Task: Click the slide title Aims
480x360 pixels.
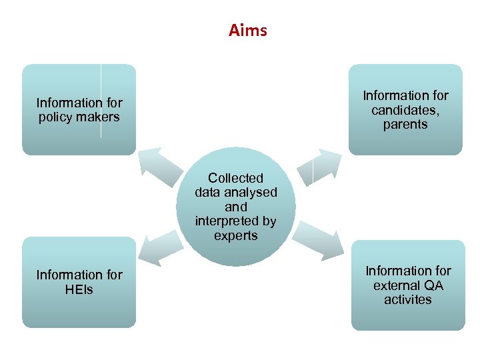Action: pyautogui.click(x=247, y=31)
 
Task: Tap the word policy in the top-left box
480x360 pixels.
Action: pyautogui.click(x=54, y=117)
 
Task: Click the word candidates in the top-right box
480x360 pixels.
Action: pyautogui.click(x=405, y=110)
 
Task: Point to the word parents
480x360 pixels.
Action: pyautogui.click(x=405, y=125)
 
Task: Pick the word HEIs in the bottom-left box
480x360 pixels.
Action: pyautogui.click(x=79, y=289)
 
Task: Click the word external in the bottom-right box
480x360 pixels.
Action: pyautogui.click(x=397, y=285)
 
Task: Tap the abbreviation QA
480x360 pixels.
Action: pyautogui.click(x=434, y=285)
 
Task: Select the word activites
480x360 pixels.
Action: pyautogui.click(x=407, y=300)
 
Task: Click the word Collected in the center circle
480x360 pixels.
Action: pyautogui.click(x=235, y=178)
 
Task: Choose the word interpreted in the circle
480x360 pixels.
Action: pyautogui.click(x=227, y=221)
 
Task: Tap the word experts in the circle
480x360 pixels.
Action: pyautogui.click(x=235, y=236)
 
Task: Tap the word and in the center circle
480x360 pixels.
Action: pyautogui.click(x=235, y=207)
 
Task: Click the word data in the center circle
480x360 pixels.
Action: pyautogui.click(x=208, y=193)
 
